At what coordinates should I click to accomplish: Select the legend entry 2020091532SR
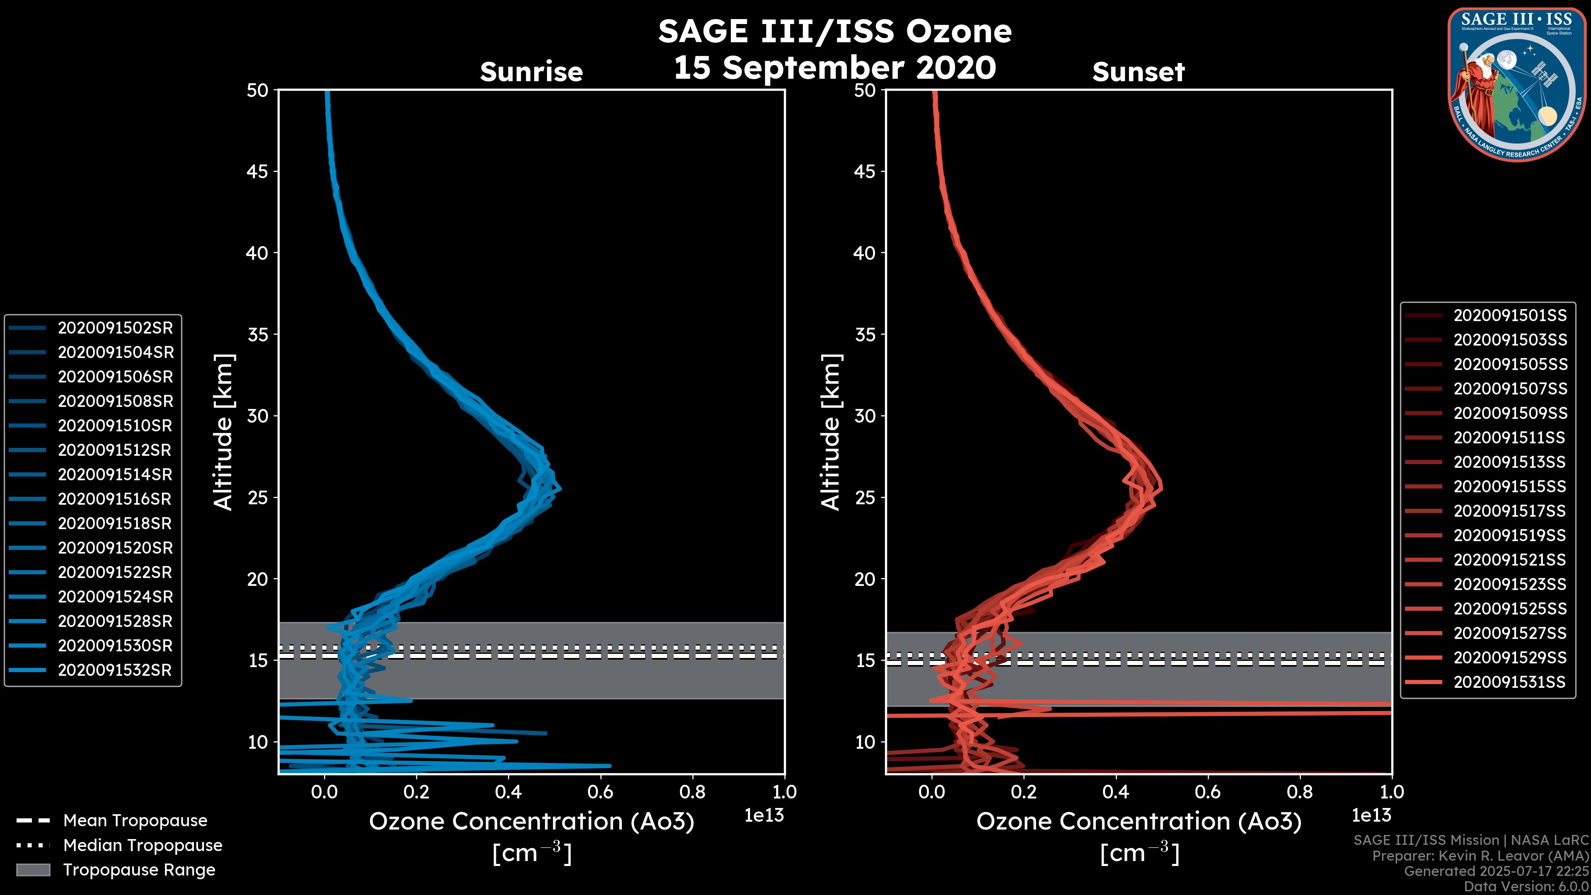(x=114, y=670)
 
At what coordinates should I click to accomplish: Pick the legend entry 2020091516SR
(x=115, y=499)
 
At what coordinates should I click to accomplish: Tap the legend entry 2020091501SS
(x=1509, y=316)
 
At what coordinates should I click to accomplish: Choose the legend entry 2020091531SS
(x=1509, y=682)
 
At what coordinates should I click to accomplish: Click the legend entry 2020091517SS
(x=1509, y=511)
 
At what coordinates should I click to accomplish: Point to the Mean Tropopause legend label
(x=135, y=820)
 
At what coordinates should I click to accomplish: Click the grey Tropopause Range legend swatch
(x=33, y=870)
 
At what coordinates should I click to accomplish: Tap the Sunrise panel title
(x=531, y=72)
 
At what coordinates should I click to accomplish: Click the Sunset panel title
(x=1138, y=72)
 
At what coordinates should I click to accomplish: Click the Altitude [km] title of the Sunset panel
(x=831, y=432)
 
